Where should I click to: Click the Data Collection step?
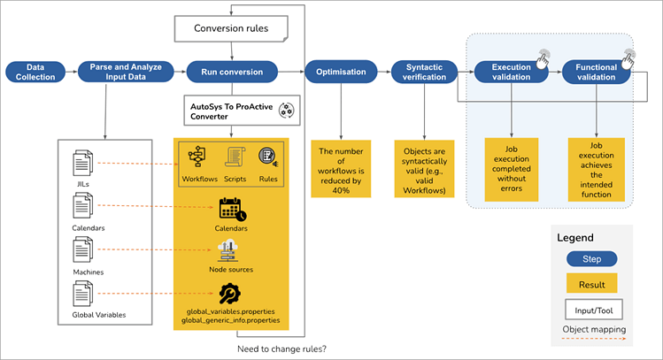35,72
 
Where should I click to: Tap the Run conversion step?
233,72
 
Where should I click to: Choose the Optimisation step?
341,72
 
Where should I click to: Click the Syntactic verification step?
425,72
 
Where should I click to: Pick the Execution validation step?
512,72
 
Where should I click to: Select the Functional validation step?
597,72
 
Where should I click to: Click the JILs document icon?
82,161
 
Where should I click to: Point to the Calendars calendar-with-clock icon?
232,210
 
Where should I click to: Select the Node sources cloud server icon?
230,251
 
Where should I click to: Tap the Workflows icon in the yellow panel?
198,156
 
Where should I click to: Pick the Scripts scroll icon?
235,156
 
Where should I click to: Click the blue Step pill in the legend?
590,259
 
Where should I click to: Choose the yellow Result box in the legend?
590,284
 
